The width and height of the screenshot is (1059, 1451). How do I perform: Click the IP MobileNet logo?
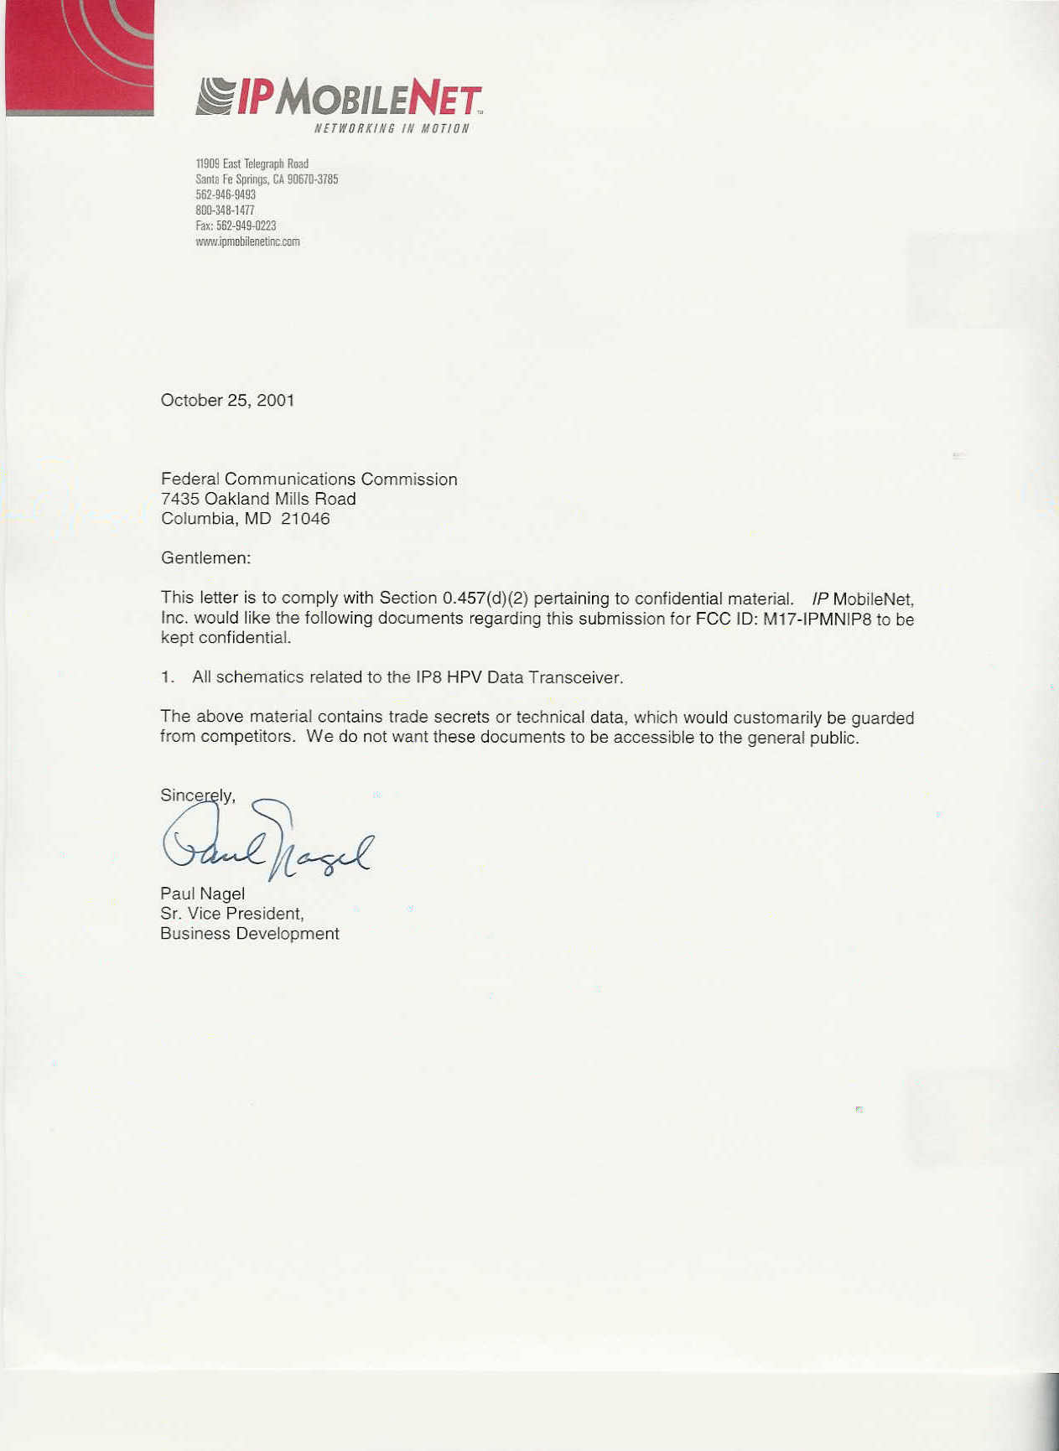(x=339, y=97)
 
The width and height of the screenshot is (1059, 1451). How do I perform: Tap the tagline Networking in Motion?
(x=392, y=128)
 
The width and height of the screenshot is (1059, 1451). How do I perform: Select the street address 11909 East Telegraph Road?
(x=252, y=163)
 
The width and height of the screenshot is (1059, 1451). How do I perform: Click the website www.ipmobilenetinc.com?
(x=247, y=241)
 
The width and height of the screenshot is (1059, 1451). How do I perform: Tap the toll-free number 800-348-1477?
(x=225, y=210)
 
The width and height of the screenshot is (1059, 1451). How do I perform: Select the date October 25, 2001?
(x=227, y=400)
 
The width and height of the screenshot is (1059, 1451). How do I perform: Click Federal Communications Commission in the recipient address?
(x=309, y=479)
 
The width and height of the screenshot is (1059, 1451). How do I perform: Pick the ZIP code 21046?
(x=305, y=518)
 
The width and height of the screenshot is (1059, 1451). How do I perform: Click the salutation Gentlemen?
(x=205, y=557)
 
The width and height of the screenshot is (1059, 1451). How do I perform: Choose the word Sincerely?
(x=197, y=795)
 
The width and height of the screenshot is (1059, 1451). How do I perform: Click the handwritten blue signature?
(x=267, y=842)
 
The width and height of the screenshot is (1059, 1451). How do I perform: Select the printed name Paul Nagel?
(x=202, y=894)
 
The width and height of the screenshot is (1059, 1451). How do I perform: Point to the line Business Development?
(x=249, y=933)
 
